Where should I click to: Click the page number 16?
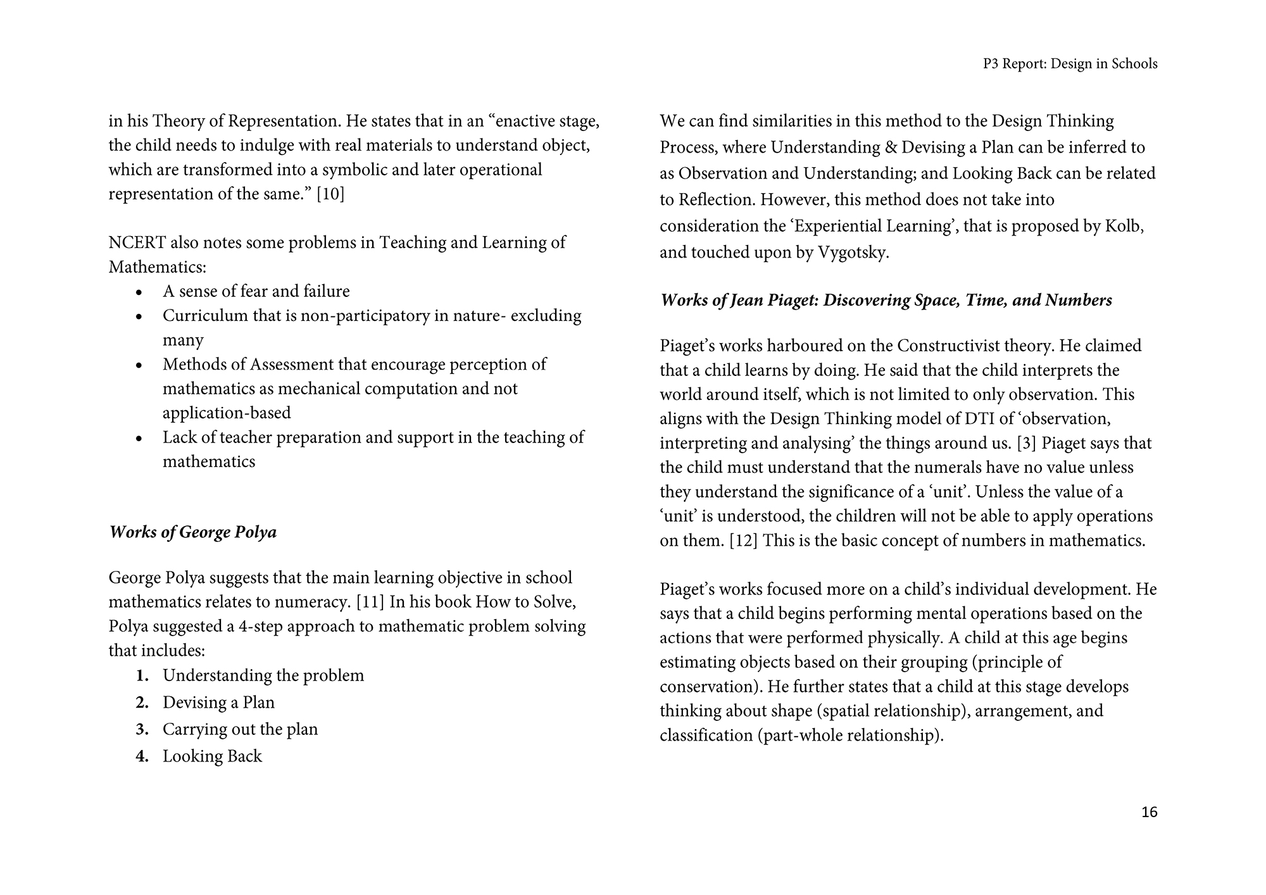[x=1149, y=812]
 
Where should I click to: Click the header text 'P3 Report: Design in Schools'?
[x=1070, y=64]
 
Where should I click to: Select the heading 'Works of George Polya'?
[x=193, y=532]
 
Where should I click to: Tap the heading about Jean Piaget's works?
[x=886, y=300]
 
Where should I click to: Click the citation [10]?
[x=330, y=194]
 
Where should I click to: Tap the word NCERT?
[x=137, y=242]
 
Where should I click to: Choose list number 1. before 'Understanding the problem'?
[x=142, y=676]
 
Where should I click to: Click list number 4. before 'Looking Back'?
[x=142, y=756]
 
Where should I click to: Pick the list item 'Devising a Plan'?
[x=218, y=703]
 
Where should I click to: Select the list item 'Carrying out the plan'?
[x=240, y=729]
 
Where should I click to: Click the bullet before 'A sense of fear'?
[x=140, y=292]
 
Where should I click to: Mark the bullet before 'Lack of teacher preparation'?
[x=140, y=438]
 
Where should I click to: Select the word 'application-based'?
[x=227, y=413]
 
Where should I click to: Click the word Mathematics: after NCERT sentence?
[x=158, y=266]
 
